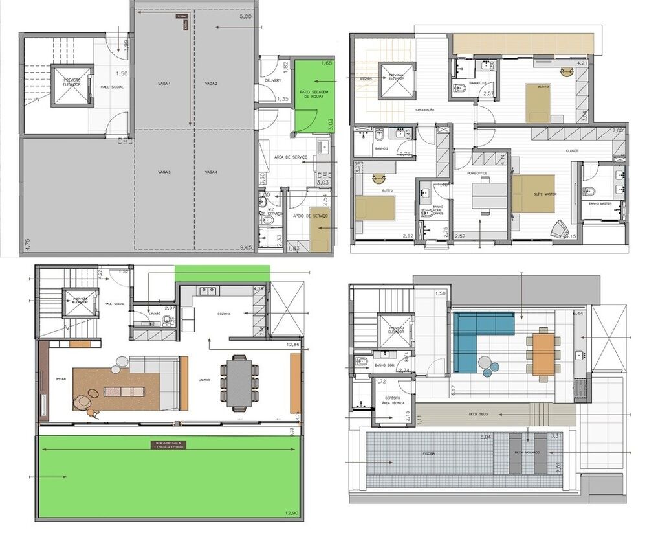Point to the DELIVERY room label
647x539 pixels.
273,80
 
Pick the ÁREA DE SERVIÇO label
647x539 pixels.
285,158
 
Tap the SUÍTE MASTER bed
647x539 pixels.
534,193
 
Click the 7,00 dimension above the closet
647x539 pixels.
617,131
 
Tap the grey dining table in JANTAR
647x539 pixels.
239,382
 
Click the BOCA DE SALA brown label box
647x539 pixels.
167,444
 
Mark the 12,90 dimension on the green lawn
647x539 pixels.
292,513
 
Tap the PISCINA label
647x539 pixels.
430,453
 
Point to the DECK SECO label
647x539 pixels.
481,412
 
